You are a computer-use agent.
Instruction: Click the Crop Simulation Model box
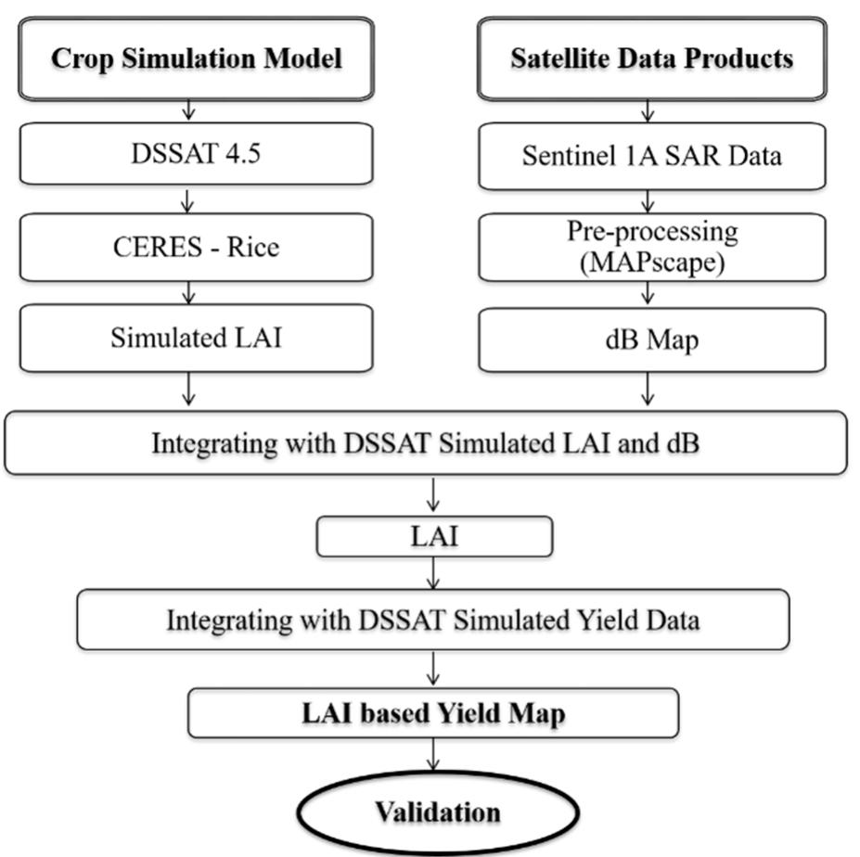pyautogui.click(x=196, y=58)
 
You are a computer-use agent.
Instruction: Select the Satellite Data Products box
pyautogui.click(x=651, y=58)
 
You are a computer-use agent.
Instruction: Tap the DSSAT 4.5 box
pyautogui.click(x=196, y=152)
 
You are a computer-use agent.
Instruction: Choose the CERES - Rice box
pyautogui.click(x=196, y=248)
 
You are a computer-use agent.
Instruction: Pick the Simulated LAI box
pyautogui.click(x=196, y=338)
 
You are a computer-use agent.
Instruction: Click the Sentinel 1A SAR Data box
pyautogui.click(x=651, y=154)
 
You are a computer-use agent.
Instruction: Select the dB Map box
pyautogui.click(x=651, y=339)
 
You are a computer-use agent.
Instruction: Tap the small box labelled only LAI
pyautogui.click(x=434, y=537)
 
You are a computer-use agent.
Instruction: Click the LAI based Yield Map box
pyautogui.click(x=433, y=715)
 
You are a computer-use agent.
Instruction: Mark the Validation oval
pyautogui.click(x=437, y=812)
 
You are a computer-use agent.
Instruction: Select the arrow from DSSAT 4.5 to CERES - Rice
pyautogui.click(x=189, y=199)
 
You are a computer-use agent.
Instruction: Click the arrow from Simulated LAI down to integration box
pyautogui.click(x=189, y=390)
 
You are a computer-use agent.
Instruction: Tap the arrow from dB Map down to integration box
pyautogui.click(x=648, y=390)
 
